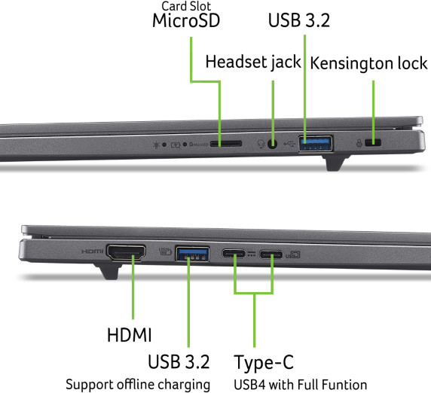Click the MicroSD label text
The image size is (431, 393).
pyautogui.click(x=186, y=20)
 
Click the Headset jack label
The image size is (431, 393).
pyautogui.click(x=253, y=61)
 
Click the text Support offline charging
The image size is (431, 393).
pyautogui.click(x=138, y=385)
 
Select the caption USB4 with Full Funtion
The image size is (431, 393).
pyautogui.click(x=300, y=385)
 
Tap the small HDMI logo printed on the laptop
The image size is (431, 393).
pyautogui.click(x=93, y=251)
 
